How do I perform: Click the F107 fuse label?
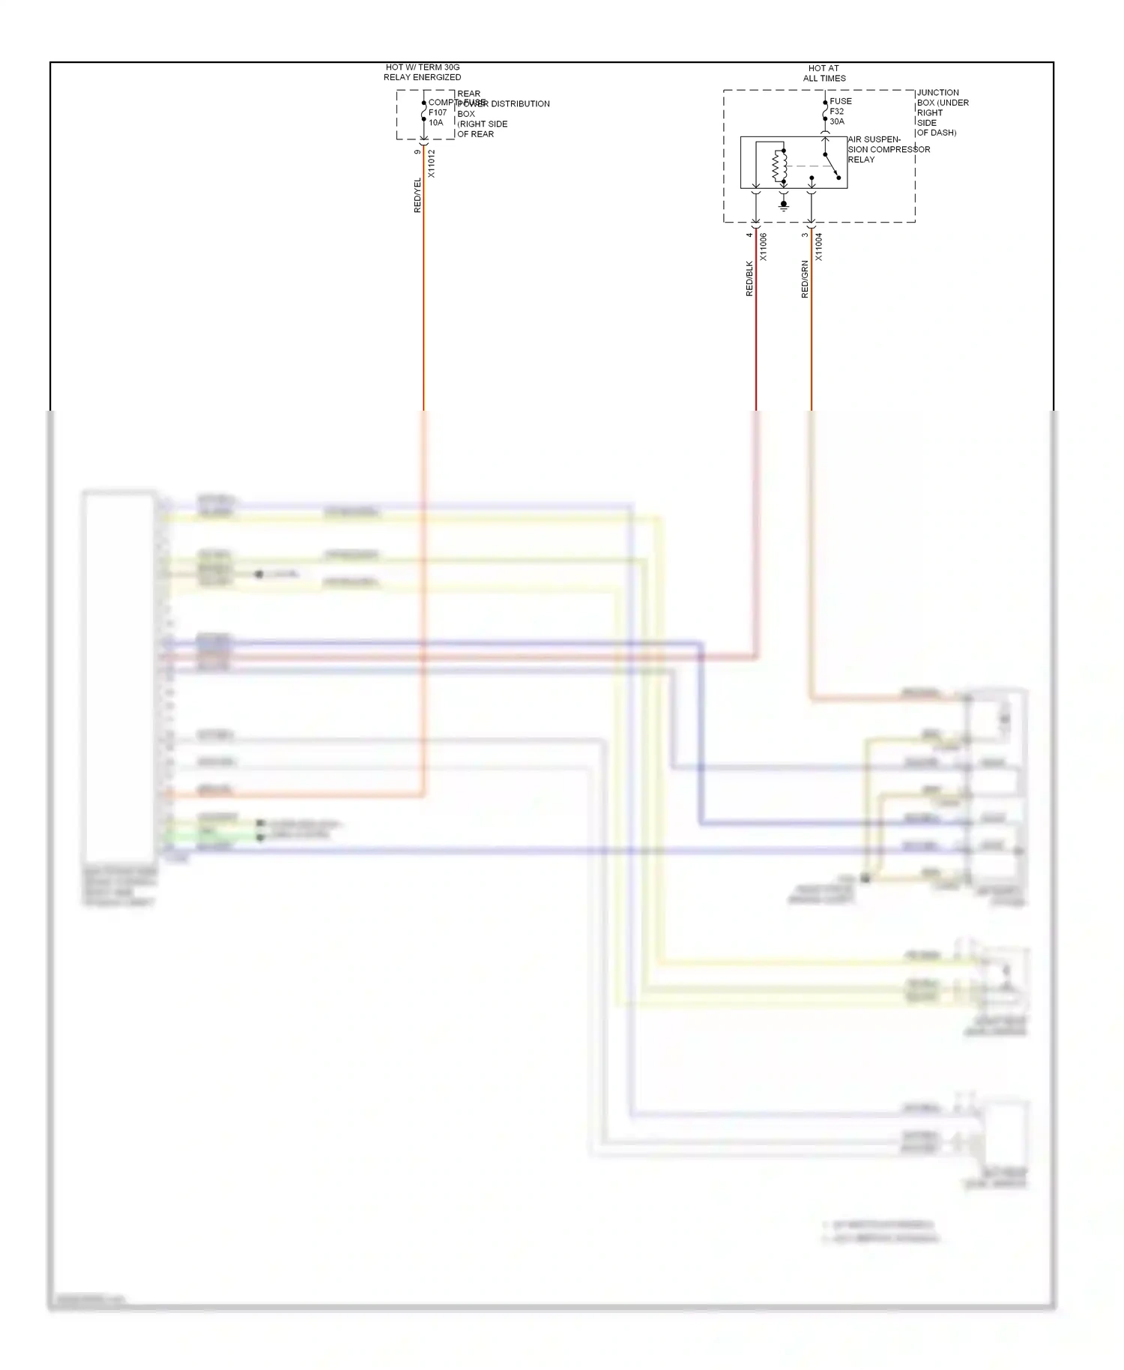click(438, 112)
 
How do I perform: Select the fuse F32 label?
click(836, 111)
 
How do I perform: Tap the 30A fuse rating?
click(836, 121)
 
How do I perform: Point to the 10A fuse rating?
click(435, 123)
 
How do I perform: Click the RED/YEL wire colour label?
click(417, 195)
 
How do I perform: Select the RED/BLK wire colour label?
click(749, 279)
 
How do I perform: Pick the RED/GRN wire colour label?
click(805, 280)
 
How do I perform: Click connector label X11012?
click(431, 163)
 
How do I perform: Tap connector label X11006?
click(763, 247)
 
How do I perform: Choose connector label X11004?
click(818, 247)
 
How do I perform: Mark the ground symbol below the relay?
click(784, 205)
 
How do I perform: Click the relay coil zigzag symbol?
click(777, 166)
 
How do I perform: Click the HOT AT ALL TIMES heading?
click(824, 73)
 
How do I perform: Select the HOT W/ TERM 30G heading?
click(423, 67)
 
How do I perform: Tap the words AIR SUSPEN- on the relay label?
click(874, 139)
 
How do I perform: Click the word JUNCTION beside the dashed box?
click(937, 92)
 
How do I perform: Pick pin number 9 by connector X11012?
click(417, 152)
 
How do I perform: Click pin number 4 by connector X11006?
click(749, 235)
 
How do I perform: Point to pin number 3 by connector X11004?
click(805, 235)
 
